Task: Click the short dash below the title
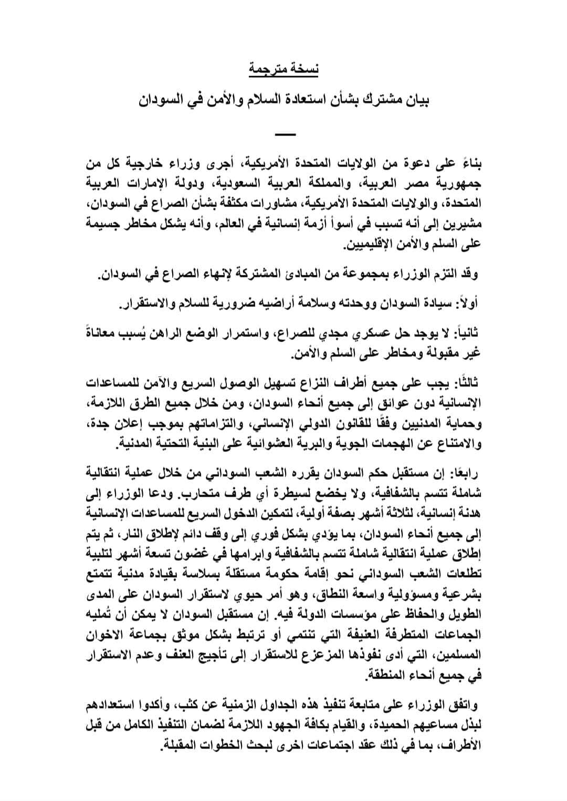pos(285,136)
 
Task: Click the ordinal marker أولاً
pos(470,303)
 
